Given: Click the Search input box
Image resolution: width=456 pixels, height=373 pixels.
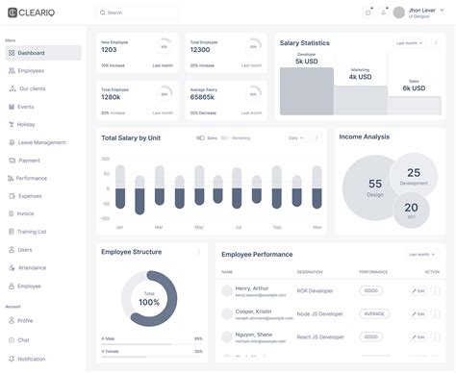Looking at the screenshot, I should (x=138, y=12).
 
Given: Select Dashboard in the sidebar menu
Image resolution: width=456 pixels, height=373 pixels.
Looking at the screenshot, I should (x=31, y=53).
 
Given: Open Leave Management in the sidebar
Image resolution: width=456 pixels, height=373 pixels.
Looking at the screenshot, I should (x=41, y=142).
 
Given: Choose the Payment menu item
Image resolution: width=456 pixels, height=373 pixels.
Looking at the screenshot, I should (x=29, y=161).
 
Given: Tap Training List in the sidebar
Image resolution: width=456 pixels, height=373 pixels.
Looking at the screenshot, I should (x=33, y=232).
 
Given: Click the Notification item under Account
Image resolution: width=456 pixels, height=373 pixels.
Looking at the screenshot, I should (x=31, y=359).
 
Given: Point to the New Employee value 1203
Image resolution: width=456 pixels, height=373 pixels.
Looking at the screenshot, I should (x=115, y=50).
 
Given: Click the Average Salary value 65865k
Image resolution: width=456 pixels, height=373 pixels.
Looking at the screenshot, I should (x=203, y=96).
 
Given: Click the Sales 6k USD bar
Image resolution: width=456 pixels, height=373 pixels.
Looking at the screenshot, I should (x=414, y=104).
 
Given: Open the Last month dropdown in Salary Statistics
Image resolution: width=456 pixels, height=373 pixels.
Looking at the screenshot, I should (x=408, y=43).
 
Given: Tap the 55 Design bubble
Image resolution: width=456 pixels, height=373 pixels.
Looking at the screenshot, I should (x=374, y=187).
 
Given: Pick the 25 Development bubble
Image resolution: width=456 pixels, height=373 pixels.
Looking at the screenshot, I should (x=414, y=176).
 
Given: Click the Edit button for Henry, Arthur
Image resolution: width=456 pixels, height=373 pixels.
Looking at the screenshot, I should (x=418, y=290).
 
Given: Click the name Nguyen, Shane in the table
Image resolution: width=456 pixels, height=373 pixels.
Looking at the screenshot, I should (x=252, y=335).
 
